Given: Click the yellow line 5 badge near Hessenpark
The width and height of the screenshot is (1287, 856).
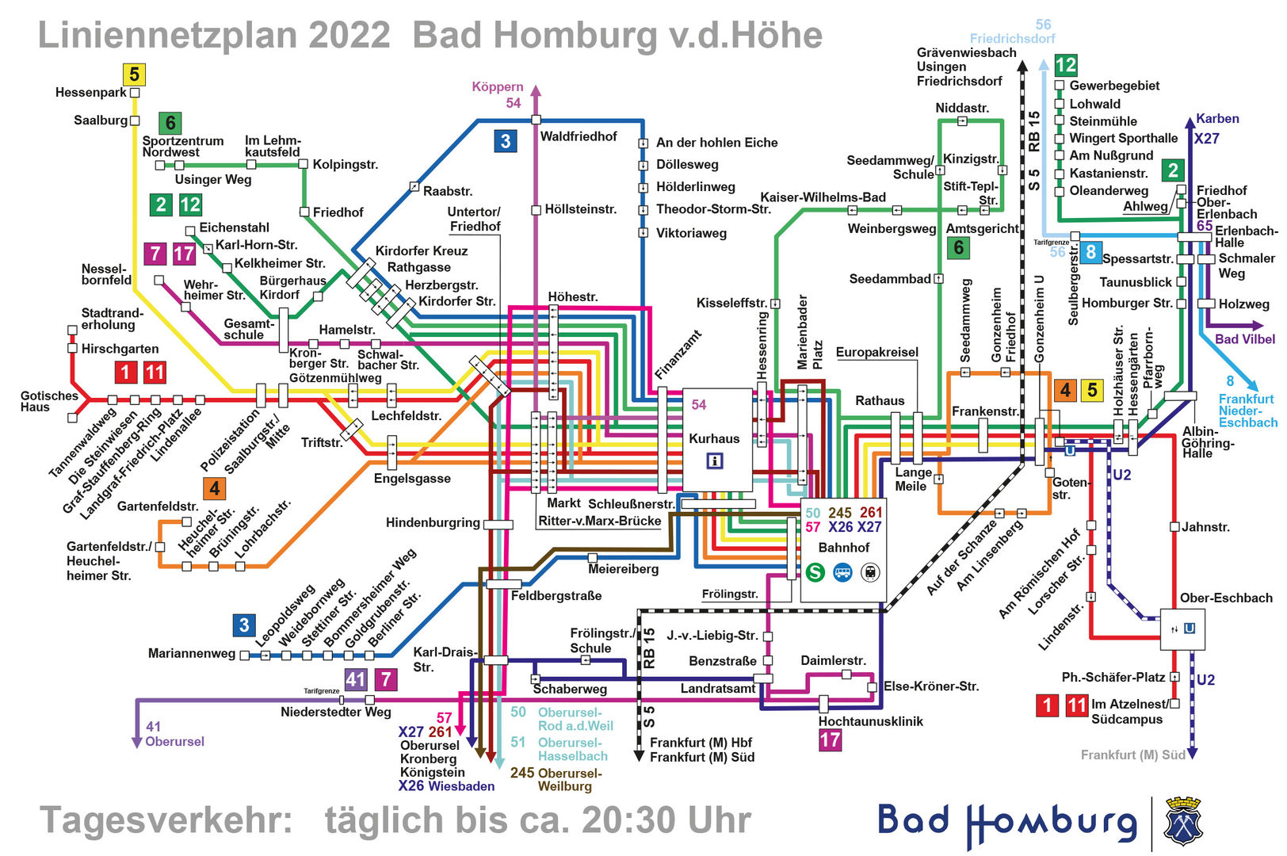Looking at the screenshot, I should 134,75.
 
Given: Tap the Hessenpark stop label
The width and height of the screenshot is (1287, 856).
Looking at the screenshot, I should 90,93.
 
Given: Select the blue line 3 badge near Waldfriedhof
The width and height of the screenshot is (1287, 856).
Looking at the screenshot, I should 506,141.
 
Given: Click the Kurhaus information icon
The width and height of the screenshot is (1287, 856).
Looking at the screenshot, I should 714,460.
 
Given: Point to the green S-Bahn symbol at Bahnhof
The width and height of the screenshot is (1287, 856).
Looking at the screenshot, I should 815,572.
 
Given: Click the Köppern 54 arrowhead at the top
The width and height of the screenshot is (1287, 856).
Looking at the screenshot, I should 536,90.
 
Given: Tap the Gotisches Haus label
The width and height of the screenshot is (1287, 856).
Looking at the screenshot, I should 49,401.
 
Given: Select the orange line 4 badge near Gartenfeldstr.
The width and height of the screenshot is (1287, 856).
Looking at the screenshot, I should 213,488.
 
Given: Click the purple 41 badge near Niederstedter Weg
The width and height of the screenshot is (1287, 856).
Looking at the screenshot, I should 356,679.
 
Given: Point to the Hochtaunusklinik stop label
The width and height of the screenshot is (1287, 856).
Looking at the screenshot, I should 870,721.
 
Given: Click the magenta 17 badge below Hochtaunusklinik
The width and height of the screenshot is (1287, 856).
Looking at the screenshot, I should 830,740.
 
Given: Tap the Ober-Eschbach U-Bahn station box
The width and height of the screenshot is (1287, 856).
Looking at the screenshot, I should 1182,629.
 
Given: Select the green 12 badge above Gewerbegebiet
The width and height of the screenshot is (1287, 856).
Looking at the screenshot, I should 1066,65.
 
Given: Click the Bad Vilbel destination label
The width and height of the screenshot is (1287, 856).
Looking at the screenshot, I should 1244,339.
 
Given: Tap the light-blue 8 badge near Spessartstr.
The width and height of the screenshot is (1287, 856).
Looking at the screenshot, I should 1090,252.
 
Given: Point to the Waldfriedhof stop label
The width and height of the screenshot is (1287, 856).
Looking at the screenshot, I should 578,136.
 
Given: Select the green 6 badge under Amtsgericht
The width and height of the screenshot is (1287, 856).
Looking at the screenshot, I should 958,248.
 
